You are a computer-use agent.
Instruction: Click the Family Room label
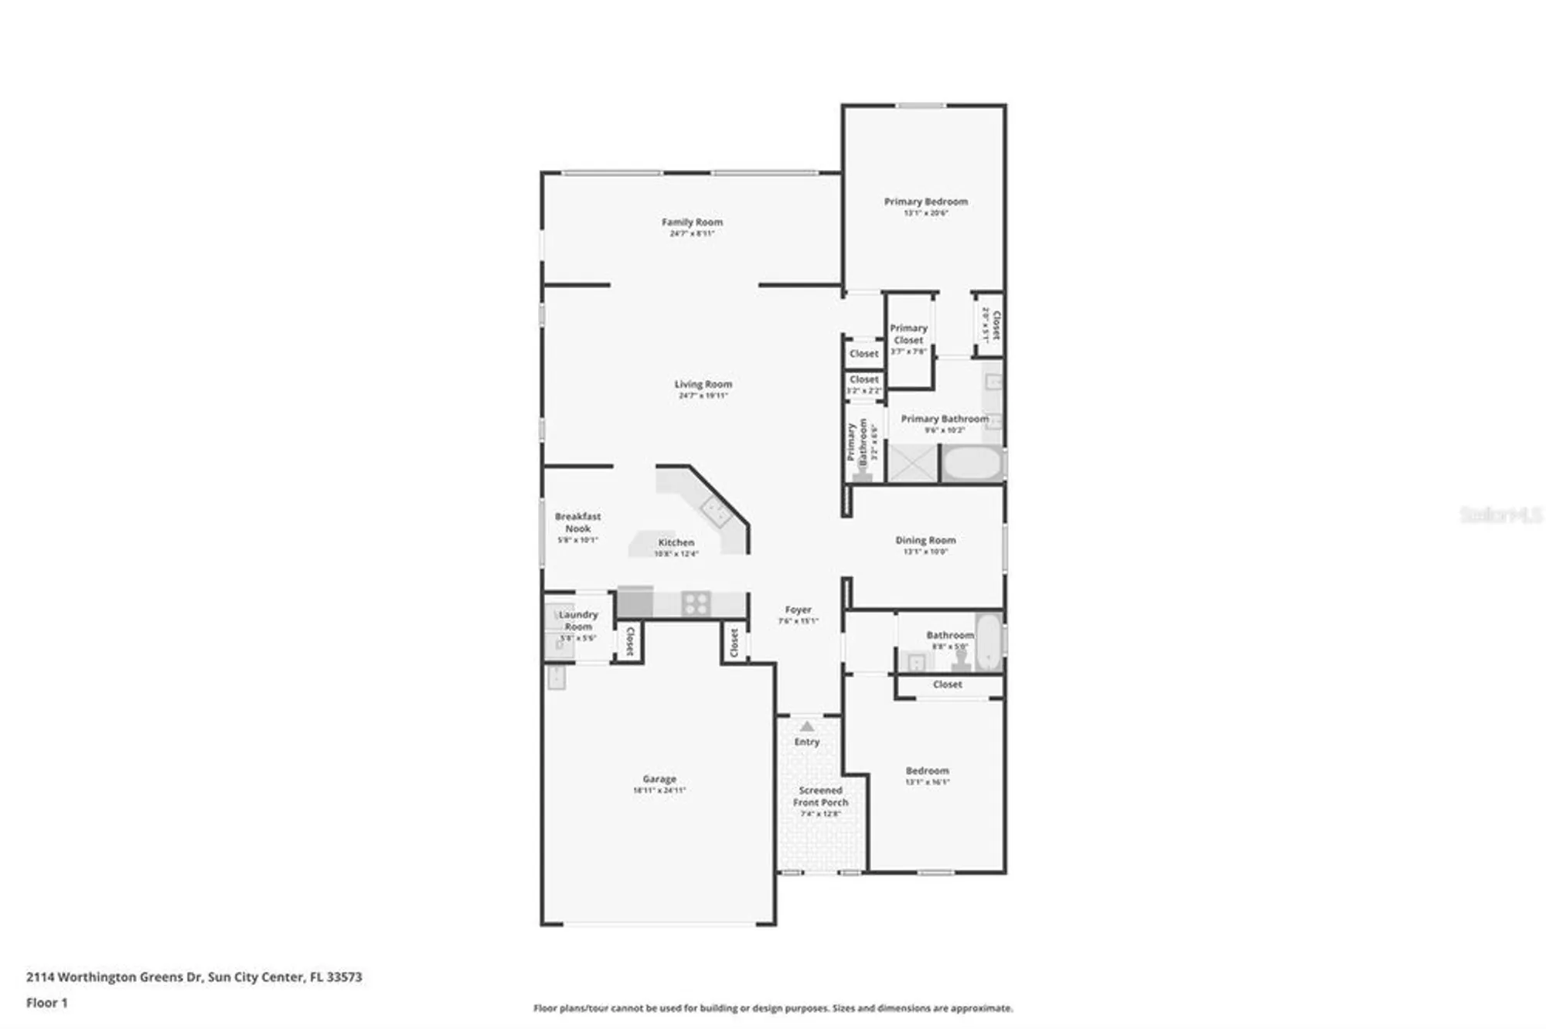[692, 222]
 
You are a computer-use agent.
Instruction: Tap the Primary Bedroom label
[925, 202]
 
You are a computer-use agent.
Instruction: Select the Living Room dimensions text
[703, 396]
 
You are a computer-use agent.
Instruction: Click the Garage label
[659, 779]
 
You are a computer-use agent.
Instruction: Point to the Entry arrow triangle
[807, 726]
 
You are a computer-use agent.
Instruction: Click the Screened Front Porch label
[820, 796]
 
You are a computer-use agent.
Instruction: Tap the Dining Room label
[925, 540]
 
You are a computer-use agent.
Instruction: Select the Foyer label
[798, 610]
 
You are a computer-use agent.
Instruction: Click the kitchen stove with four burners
[696, 603]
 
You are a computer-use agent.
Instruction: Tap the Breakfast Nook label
[577, 522]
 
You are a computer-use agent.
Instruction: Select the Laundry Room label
[578, 620]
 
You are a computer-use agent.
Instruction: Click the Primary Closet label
[908, 334]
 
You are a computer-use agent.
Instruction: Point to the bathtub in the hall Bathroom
[988, 641]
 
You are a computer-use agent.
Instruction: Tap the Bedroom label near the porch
[927, 771]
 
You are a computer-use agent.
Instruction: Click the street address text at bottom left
[194, 976]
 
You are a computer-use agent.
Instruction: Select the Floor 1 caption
[47, 1003]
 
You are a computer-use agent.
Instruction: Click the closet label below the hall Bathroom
[947, 684]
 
